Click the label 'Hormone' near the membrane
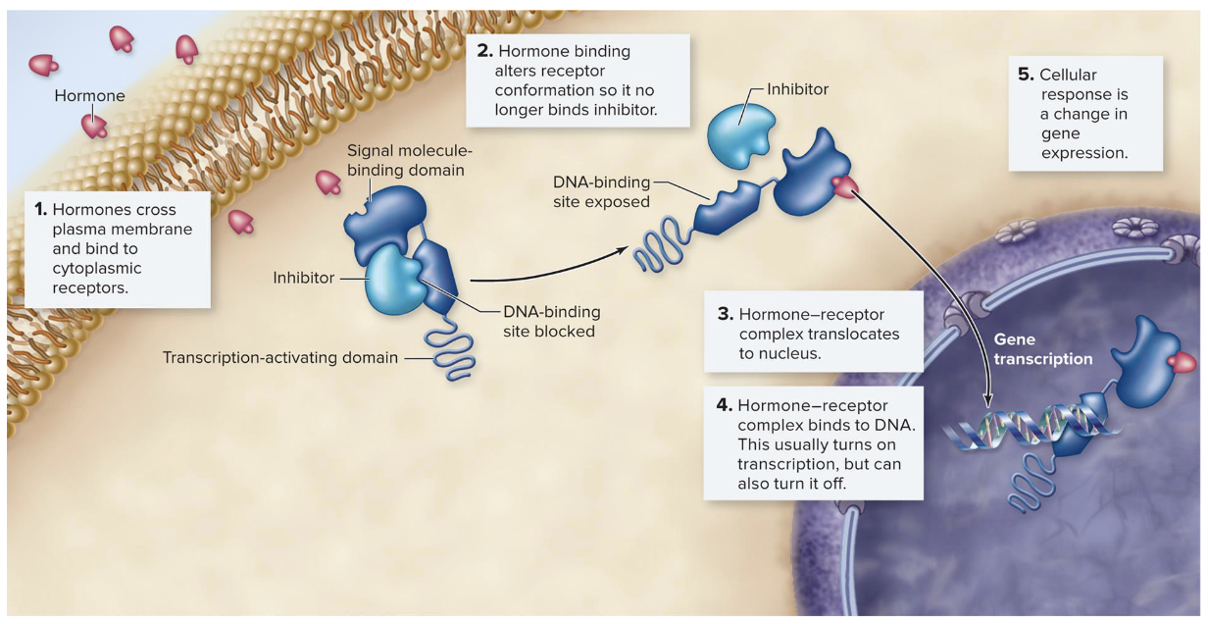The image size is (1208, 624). click(x=89, y=96)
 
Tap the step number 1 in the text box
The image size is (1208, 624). click(x=39, y=210)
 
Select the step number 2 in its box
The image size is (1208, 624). click(x=482, y=51)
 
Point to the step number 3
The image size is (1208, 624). click(x=726, y=315)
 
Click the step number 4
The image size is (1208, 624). click(x=725, y=405)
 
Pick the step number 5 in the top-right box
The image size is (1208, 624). click(x=1026, y=75)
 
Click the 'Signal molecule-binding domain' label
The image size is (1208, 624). click(x=409, y=160)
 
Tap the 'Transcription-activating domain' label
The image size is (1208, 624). click(x=280, y=357)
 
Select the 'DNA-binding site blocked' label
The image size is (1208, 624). click(x=550, y=322)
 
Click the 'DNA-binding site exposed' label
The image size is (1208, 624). click(x=601, y=192)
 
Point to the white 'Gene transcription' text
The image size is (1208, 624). click(x=1042, y=349)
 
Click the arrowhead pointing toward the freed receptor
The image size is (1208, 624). click(x=620, y=249)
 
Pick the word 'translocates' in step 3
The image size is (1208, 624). click(x=854, y=335)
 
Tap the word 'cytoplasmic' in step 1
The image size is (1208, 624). click(x=96, y=268)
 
